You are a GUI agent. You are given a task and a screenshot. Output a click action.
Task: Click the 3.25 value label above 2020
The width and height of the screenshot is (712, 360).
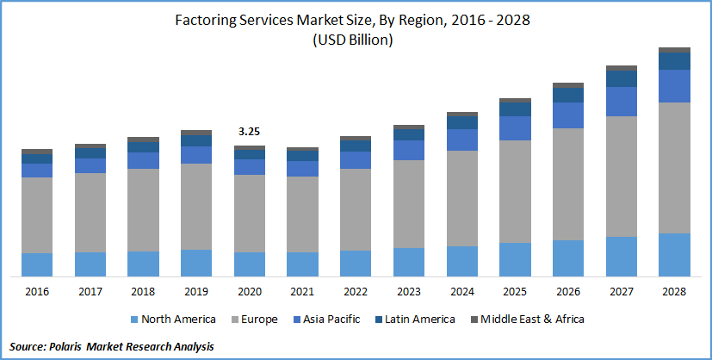[250, 132]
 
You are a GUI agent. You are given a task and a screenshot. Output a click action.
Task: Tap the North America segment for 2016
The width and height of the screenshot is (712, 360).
[37, 264]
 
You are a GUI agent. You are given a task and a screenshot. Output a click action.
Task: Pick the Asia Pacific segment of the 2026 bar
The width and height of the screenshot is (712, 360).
[569, 115]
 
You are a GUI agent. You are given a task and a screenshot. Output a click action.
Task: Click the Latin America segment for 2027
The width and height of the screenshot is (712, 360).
[622, 78]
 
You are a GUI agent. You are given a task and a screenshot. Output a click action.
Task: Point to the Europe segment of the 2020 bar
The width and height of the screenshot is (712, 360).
[250, 214]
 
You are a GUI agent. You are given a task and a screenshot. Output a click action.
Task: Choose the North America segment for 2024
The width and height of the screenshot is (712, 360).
[462, 261]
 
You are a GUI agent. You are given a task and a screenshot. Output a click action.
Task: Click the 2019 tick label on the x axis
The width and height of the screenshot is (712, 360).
[196, 292]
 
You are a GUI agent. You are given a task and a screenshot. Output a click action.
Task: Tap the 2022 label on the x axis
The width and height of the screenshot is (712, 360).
[356, 292]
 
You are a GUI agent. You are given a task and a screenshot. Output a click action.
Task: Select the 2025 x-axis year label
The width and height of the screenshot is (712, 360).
[516, 292]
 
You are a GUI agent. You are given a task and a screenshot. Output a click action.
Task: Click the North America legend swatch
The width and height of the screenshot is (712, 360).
[133, 320]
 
